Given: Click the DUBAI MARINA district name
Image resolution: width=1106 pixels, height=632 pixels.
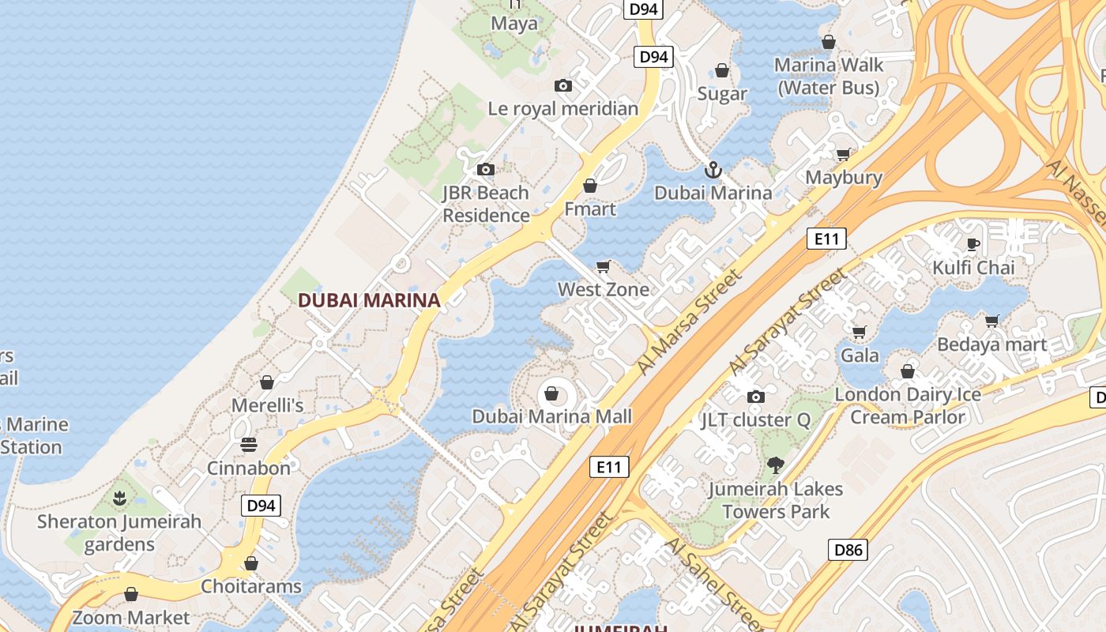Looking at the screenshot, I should (x=369, y=300).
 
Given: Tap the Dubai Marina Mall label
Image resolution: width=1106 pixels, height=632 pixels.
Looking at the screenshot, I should (x=551, y=416).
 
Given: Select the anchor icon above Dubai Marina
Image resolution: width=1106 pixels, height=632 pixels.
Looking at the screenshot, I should (x=713, y=170).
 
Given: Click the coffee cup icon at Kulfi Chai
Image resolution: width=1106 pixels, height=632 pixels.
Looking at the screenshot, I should (x=973, y=244).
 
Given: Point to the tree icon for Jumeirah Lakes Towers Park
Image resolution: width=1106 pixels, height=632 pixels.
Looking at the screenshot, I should (x=776, y=466).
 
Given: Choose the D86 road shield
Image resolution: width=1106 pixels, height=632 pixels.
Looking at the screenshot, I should (x=848, y=550).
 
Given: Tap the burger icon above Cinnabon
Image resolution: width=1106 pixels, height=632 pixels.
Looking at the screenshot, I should (x=249, y=445).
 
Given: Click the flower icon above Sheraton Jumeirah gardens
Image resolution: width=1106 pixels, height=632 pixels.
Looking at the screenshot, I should (x=119, y=498).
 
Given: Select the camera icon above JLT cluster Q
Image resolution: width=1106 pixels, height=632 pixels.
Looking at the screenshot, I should (x=756, y=397).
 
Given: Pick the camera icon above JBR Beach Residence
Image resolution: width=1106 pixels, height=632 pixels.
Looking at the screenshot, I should (x=486, y=169).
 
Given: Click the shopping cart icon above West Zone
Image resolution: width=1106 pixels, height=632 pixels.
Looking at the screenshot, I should (x=604, y=267).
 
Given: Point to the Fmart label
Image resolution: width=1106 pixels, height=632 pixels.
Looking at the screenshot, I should (x=589, y=209).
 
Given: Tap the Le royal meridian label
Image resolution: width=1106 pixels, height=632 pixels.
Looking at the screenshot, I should (x=562, y=109).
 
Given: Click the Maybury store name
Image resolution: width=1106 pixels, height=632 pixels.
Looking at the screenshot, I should (x=844, y=178).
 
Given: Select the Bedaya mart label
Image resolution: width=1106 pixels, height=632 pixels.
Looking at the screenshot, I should (x=991, y=344).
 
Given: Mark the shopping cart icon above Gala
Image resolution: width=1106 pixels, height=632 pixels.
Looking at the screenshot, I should (x=859, y=332).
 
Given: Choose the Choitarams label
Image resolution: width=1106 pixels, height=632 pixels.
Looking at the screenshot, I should (x=250, y=586).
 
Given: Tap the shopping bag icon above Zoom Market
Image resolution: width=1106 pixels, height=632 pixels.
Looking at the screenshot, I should (x=131, y=594).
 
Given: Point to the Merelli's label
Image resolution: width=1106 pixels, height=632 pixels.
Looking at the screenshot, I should (x=267, y=406).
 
